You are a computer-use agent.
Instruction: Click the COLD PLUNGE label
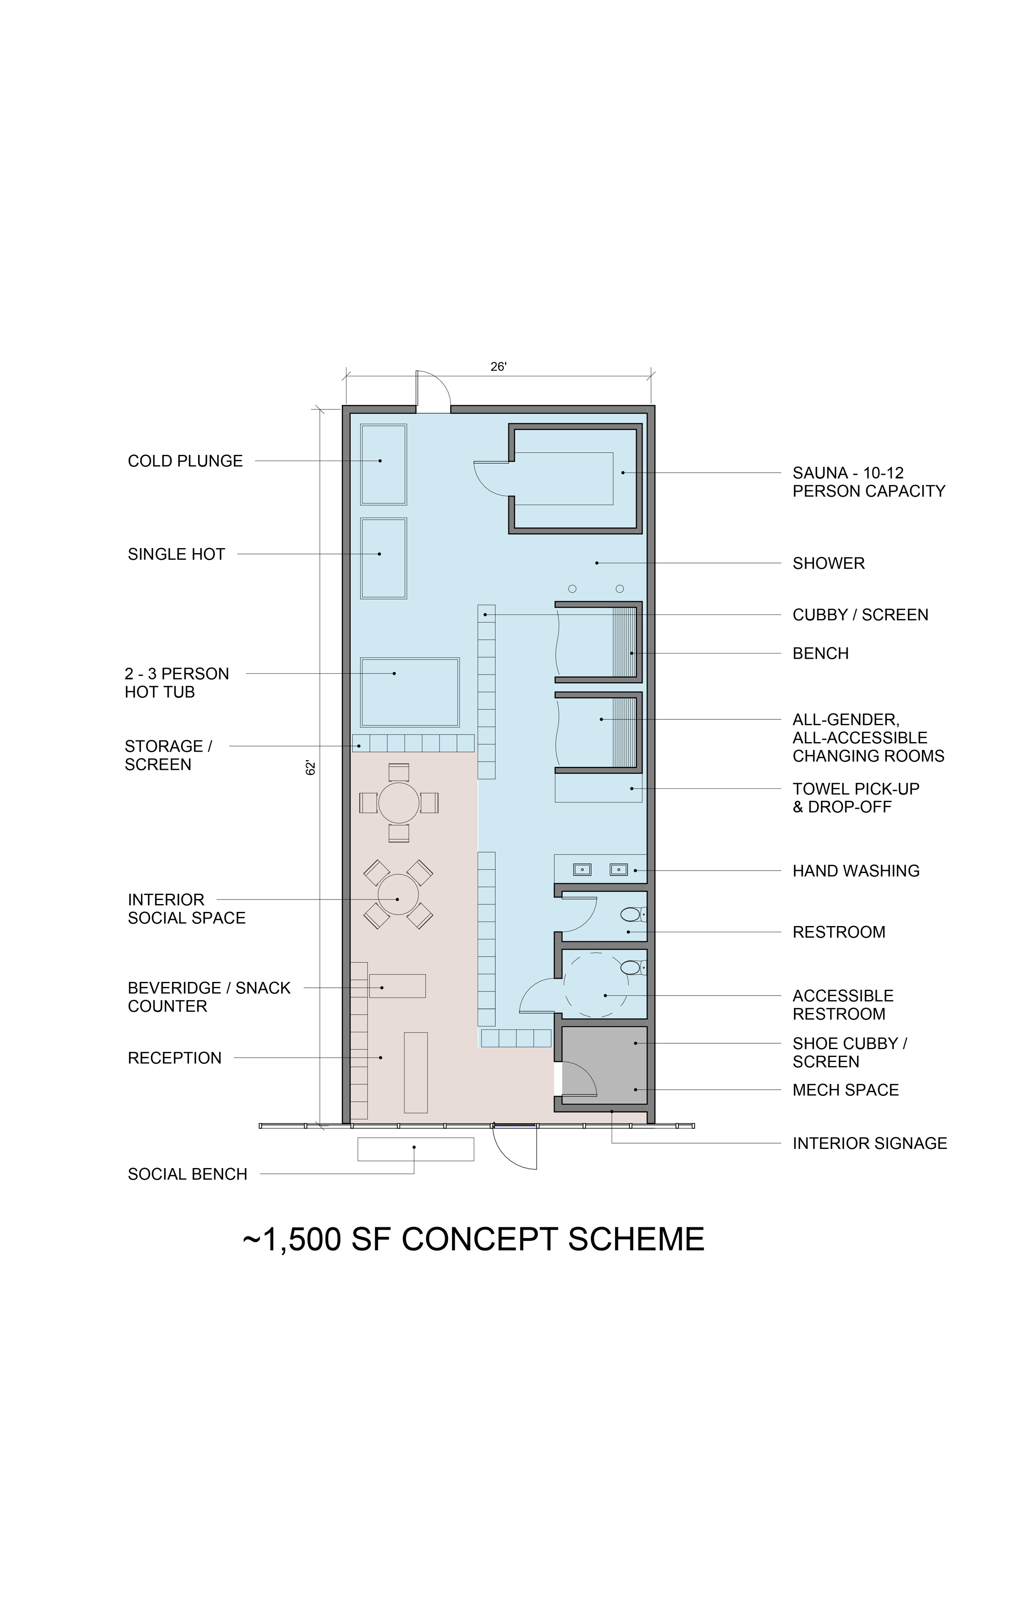[x=185, y=461]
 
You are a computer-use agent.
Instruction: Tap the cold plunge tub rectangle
[x=383, y=464]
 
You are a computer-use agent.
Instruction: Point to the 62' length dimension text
[x=311, y=768]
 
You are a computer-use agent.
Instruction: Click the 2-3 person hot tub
[x=410, y=692]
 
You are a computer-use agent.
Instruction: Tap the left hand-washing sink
[x=582, y=870]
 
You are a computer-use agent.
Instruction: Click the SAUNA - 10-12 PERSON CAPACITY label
[x=869, y=482]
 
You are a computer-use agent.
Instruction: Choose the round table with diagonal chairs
[x=398, y=894]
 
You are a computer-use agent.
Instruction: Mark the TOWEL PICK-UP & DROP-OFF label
[x=856, y=798]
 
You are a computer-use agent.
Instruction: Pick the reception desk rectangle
[x=416, y=1072]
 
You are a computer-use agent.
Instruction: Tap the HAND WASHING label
[x=856, y=871]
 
